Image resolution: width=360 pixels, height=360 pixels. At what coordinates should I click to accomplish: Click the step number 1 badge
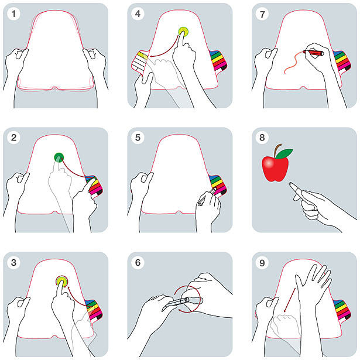[x=13, y=13]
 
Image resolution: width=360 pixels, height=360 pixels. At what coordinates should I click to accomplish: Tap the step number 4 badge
[x=138, y=13]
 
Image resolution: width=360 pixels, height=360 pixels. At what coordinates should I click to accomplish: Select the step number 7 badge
[x=262, y=14]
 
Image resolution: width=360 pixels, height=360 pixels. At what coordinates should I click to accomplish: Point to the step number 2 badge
[x=13, y=138]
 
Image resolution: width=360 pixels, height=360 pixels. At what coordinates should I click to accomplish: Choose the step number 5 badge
[x=138, y=138]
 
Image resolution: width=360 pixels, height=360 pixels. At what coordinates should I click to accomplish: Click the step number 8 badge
[x=262, y=138]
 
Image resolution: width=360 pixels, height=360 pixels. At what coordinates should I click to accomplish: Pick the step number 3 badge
[x=13, y=262]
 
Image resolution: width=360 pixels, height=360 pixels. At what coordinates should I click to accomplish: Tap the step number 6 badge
[x=138, y=262]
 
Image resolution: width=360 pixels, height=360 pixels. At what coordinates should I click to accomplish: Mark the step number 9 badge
[x=262, y=263]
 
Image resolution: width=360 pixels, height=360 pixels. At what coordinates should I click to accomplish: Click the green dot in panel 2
[x=59, y=157]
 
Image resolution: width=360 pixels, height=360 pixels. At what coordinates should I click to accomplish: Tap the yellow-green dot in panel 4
[x=183, y=32]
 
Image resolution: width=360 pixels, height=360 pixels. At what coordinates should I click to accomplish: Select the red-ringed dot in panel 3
[x=62, y=281]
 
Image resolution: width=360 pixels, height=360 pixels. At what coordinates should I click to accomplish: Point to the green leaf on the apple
[x=284, y=153]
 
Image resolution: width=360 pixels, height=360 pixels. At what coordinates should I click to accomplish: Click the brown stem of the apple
[x=277, y=150]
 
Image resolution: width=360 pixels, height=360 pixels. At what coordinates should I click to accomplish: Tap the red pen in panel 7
[x=313, y=53]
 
